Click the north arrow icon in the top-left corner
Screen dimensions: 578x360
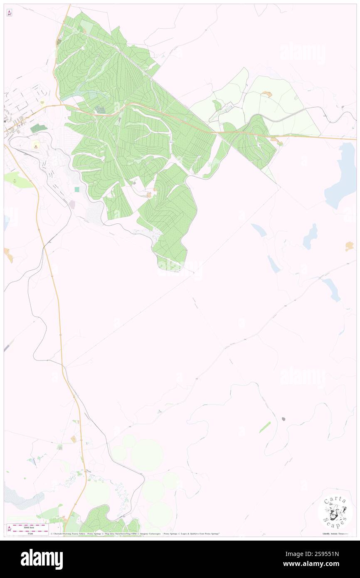click(9, 13)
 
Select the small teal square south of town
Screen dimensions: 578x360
click(77, 189)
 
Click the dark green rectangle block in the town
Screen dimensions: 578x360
click(38, 128)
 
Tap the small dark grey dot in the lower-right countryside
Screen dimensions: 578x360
click(284, 419)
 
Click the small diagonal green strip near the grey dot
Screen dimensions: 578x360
click(265, 427)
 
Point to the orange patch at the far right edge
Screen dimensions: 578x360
click(349, 247)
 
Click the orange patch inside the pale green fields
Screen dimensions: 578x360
click(266, 94)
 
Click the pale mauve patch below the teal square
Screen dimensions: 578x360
click(72, 204)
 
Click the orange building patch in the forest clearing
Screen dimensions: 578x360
click(148, 194)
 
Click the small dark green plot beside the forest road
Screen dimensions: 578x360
click(100, 110)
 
